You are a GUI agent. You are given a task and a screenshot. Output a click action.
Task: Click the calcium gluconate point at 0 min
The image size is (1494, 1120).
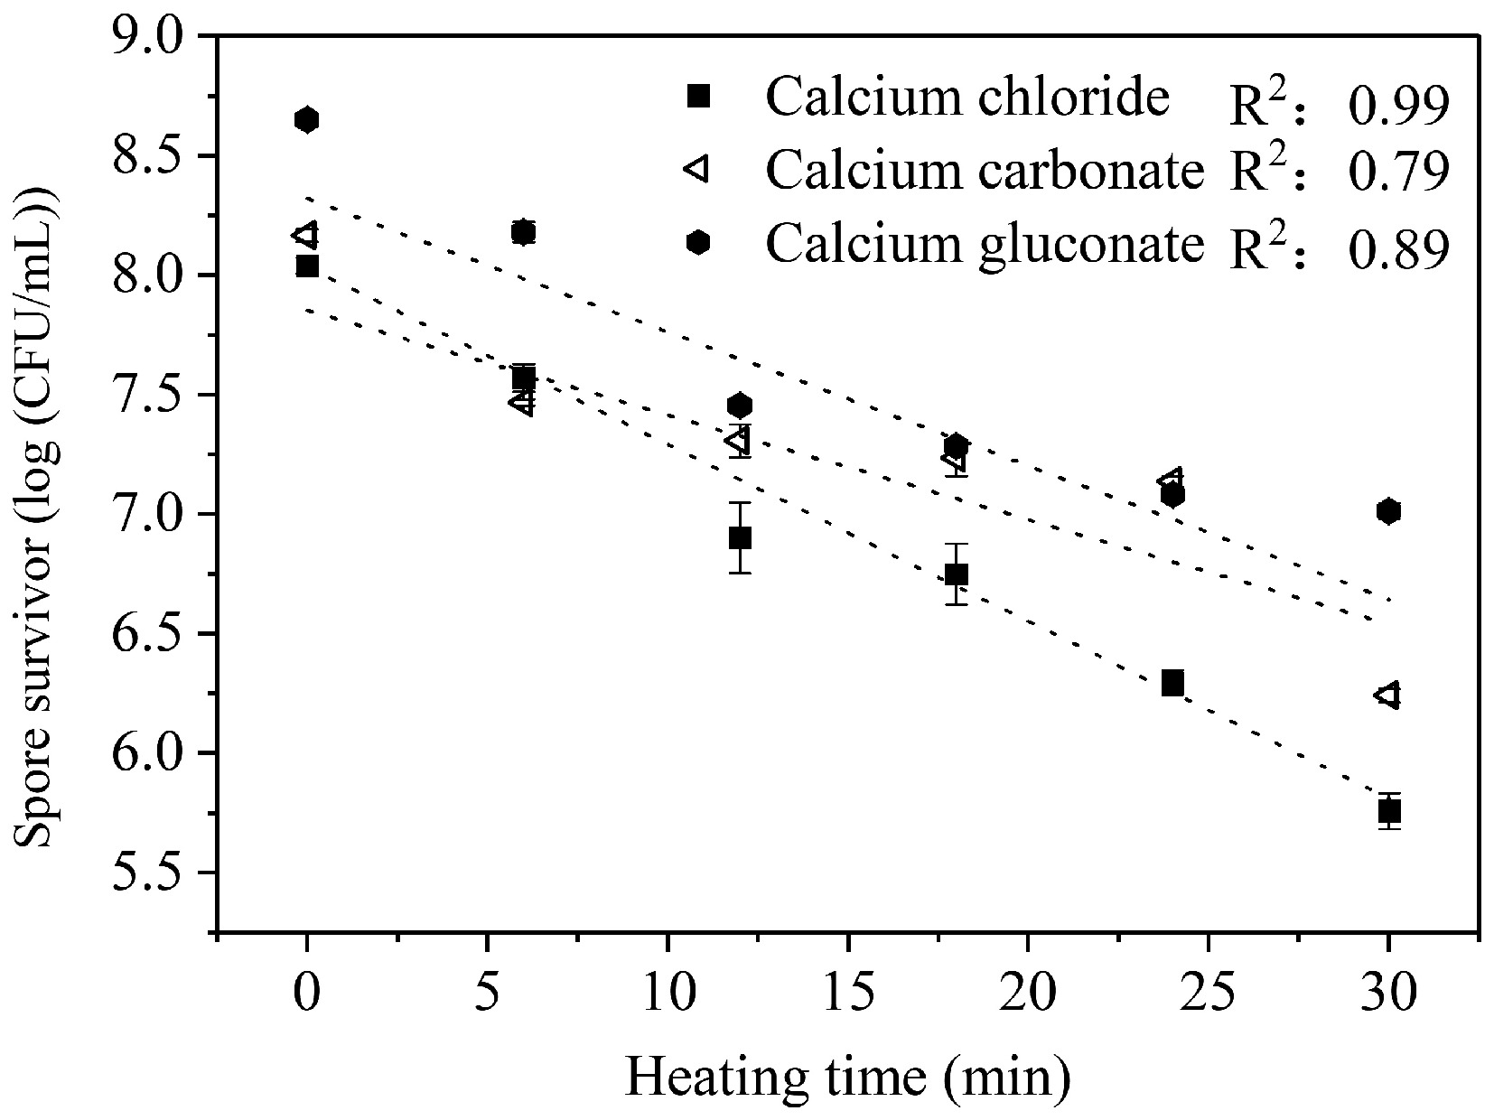point(306,119)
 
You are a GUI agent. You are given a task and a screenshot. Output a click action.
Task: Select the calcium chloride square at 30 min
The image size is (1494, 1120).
point(1389,811)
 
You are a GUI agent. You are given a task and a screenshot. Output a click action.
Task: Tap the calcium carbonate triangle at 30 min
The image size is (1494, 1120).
point(1387,695)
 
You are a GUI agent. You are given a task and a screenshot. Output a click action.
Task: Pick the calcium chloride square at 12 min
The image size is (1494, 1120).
point(740,538)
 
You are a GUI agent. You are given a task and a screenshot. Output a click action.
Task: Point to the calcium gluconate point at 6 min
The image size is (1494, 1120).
point(523,232)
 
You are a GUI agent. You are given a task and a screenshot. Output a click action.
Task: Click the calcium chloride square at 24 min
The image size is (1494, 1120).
point(1172,683)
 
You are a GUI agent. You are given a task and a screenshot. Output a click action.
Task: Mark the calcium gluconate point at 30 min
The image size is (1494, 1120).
point(1389,511)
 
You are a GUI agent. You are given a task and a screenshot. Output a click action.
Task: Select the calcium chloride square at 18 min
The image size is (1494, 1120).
point(957,574)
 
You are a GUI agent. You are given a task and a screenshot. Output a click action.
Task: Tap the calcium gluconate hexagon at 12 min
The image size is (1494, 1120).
point(740,406)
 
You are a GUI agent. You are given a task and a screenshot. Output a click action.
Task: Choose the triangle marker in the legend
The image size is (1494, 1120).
point(696,167)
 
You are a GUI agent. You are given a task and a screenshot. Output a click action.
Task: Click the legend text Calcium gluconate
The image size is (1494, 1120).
point(985,242)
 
